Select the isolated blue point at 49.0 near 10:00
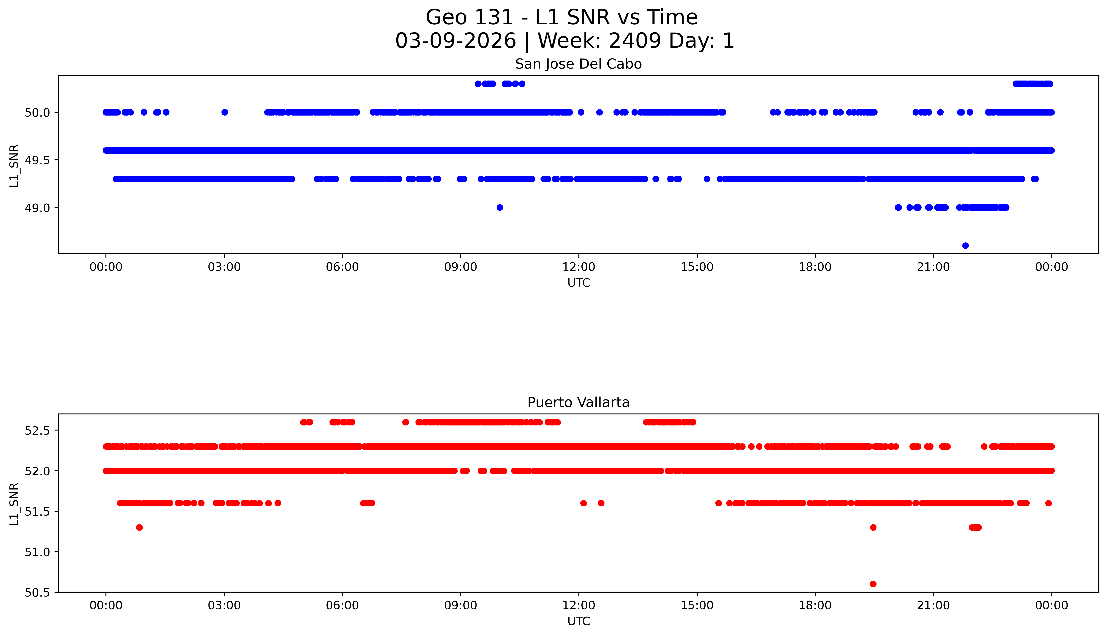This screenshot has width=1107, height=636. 500,207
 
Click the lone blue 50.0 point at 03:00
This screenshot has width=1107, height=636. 225,112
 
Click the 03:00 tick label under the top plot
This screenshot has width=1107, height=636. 224,267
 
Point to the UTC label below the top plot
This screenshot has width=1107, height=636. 578,283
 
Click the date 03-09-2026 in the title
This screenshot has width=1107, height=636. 456,41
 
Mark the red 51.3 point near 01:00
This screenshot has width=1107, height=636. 139,527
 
